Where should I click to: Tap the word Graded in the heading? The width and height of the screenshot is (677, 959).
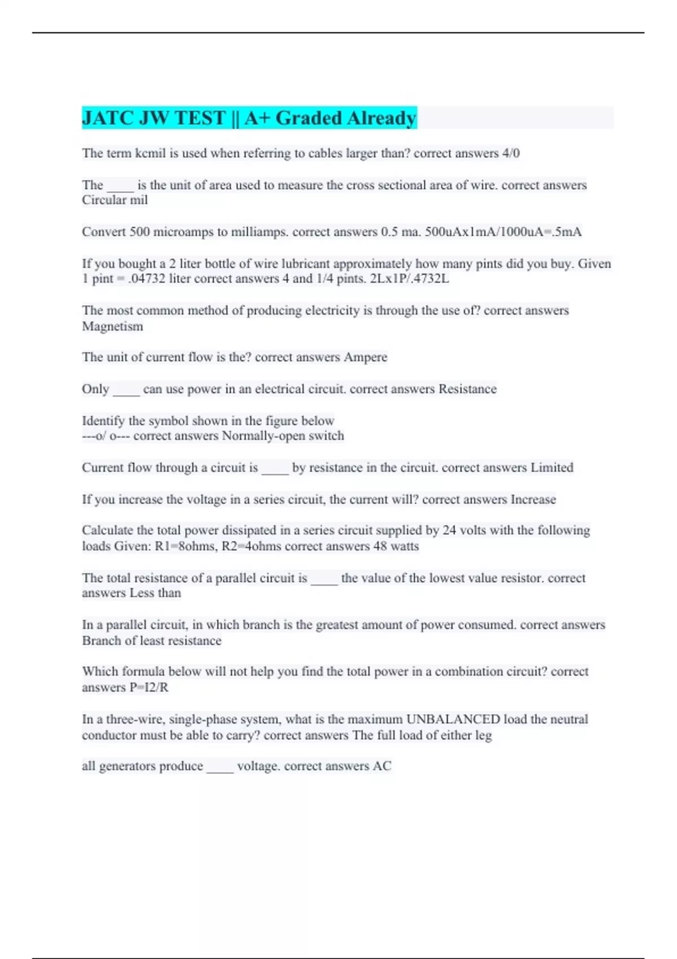[309, 118]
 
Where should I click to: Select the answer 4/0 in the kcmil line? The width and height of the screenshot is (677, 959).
[511, 153]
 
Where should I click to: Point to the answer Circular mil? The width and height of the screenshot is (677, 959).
[115, 200]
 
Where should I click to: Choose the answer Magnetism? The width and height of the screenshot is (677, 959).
[112, 326]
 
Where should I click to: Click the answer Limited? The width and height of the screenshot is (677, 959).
[551, 468]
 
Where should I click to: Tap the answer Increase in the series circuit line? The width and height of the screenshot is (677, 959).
[533, 499]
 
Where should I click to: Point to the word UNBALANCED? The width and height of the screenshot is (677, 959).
[453, 719]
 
